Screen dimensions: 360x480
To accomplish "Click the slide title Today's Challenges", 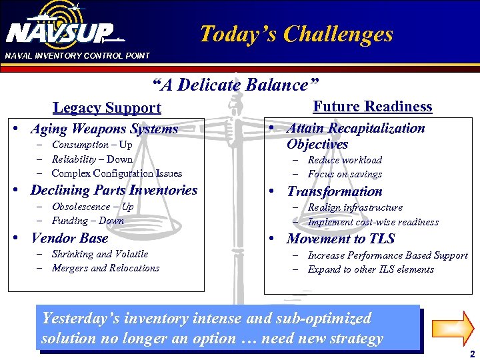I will [296, 34].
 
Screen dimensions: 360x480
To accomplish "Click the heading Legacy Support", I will [107, 108].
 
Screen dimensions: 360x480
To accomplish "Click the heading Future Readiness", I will [372, 107].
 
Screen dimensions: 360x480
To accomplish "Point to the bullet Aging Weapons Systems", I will [104, 129].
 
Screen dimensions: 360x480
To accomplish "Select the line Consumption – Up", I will [91, 145].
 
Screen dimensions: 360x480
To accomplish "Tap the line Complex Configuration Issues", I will [117, 173].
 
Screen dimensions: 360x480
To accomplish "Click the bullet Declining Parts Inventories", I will [114, 190].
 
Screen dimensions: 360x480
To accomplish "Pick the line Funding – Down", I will [87, 221].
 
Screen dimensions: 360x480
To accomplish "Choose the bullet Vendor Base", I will [69, 238].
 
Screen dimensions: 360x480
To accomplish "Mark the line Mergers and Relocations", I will [105, 268].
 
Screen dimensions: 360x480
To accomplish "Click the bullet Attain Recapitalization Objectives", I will [355, 136].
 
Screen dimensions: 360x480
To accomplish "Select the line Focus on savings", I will [345, 174].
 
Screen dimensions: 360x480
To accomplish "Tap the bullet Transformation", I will [335, 191].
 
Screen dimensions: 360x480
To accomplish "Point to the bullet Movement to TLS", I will [341, 239].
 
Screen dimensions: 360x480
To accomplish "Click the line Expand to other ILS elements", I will [371, 269].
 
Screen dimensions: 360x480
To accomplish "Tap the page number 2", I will [471, 354].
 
